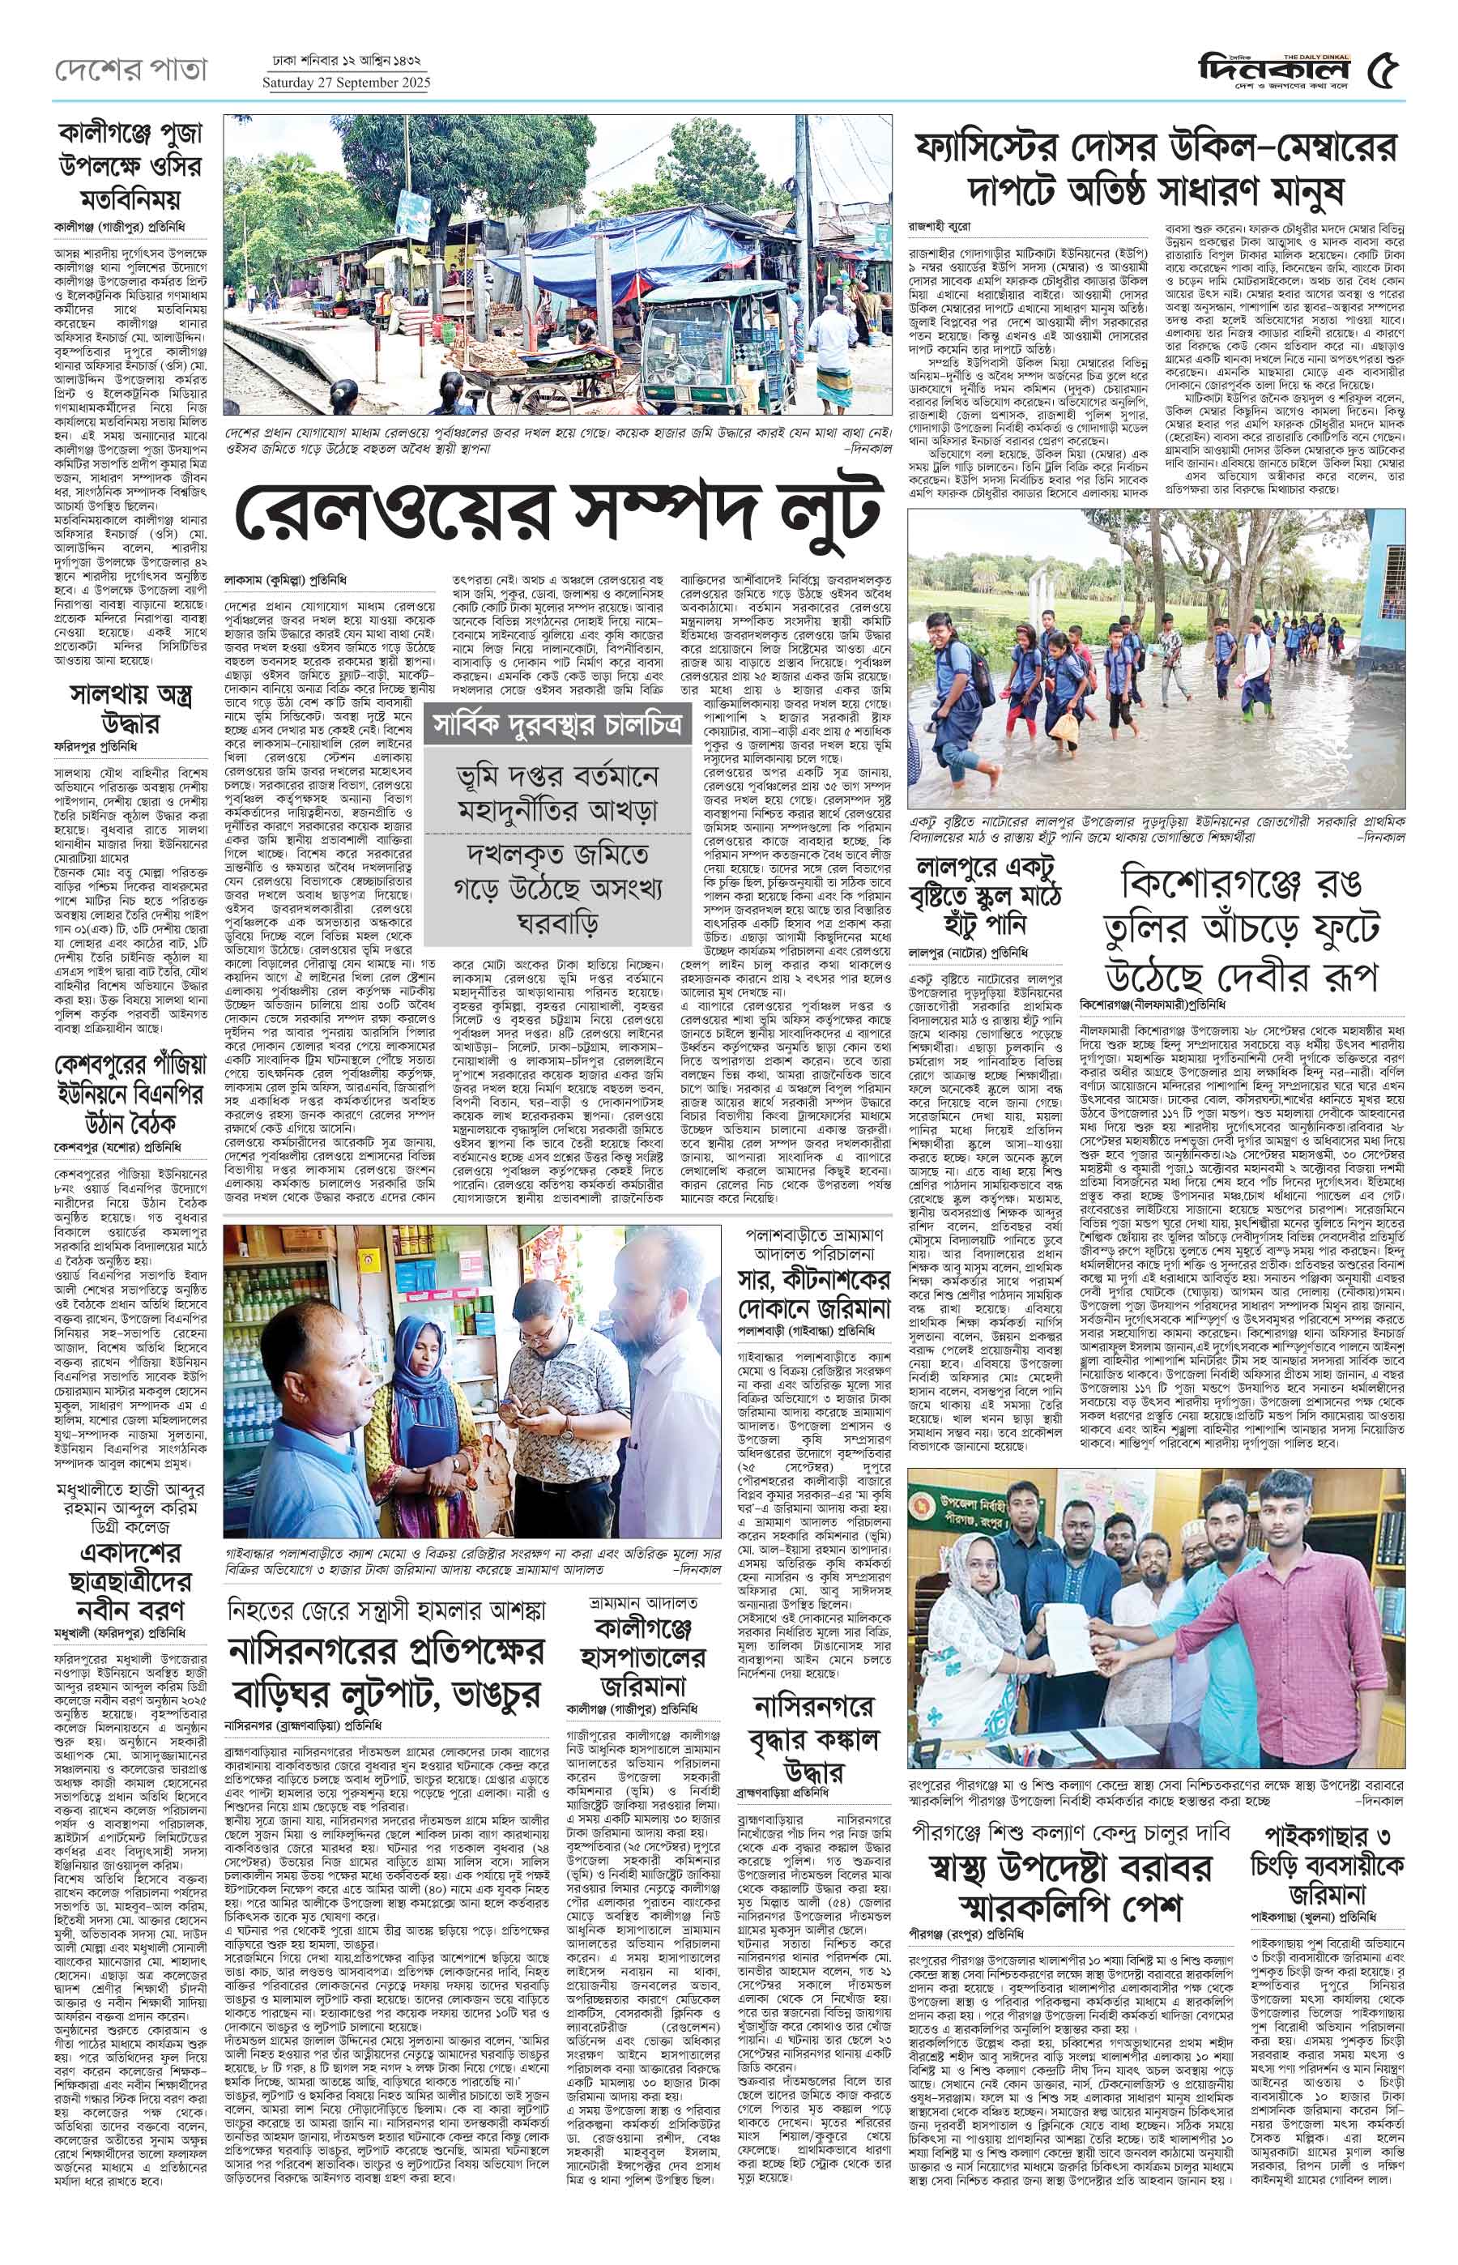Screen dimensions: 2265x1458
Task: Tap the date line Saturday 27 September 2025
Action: pyautogui.click(x=346, y=83)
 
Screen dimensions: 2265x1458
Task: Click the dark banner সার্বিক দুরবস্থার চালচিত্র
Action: pyautogui.click(x=556, y=727)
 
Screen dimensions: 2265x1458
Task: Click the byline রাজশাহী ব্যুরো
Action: pyautogui.click(x=940, y=228)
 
